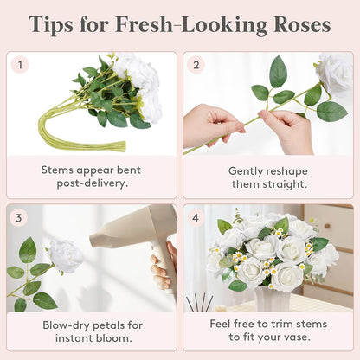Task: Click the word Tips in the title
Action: pyautogui.click(x=51, y=25)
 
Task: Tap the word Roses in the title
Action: pyautogui.click(x=302, y=24)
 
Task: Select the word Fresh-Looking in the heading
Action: pyautogui.click(x=191, y=25)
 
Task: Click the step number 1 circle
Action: pyautogui.click(x=20, y=65)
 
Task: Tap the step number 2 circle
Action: pyautogui.click(x=196, y=65)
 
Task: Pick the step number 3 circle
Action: pyautogui.click(x=19, y=217)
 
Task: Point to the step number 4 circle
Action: pyautogui.click(x=196, y=217)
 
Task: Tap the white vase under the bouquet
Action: pyautogui.click(x=273, y=299)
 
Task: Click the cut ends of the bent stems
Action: pyautogui.click(x=123, y=145)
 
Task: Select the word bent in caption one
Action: pyautogui.click(x=129, y=170)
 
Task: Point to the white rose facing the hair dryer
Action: pyautogui.click(x=66, y=255)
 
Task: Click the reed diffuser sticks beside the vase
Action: pyautogui.click(x=200, y=302)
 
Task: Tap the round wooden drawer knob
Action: pyautogui.click(x=327, y=226)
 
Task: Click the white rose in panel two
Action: pyautogui.click(x=336, y=74)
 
